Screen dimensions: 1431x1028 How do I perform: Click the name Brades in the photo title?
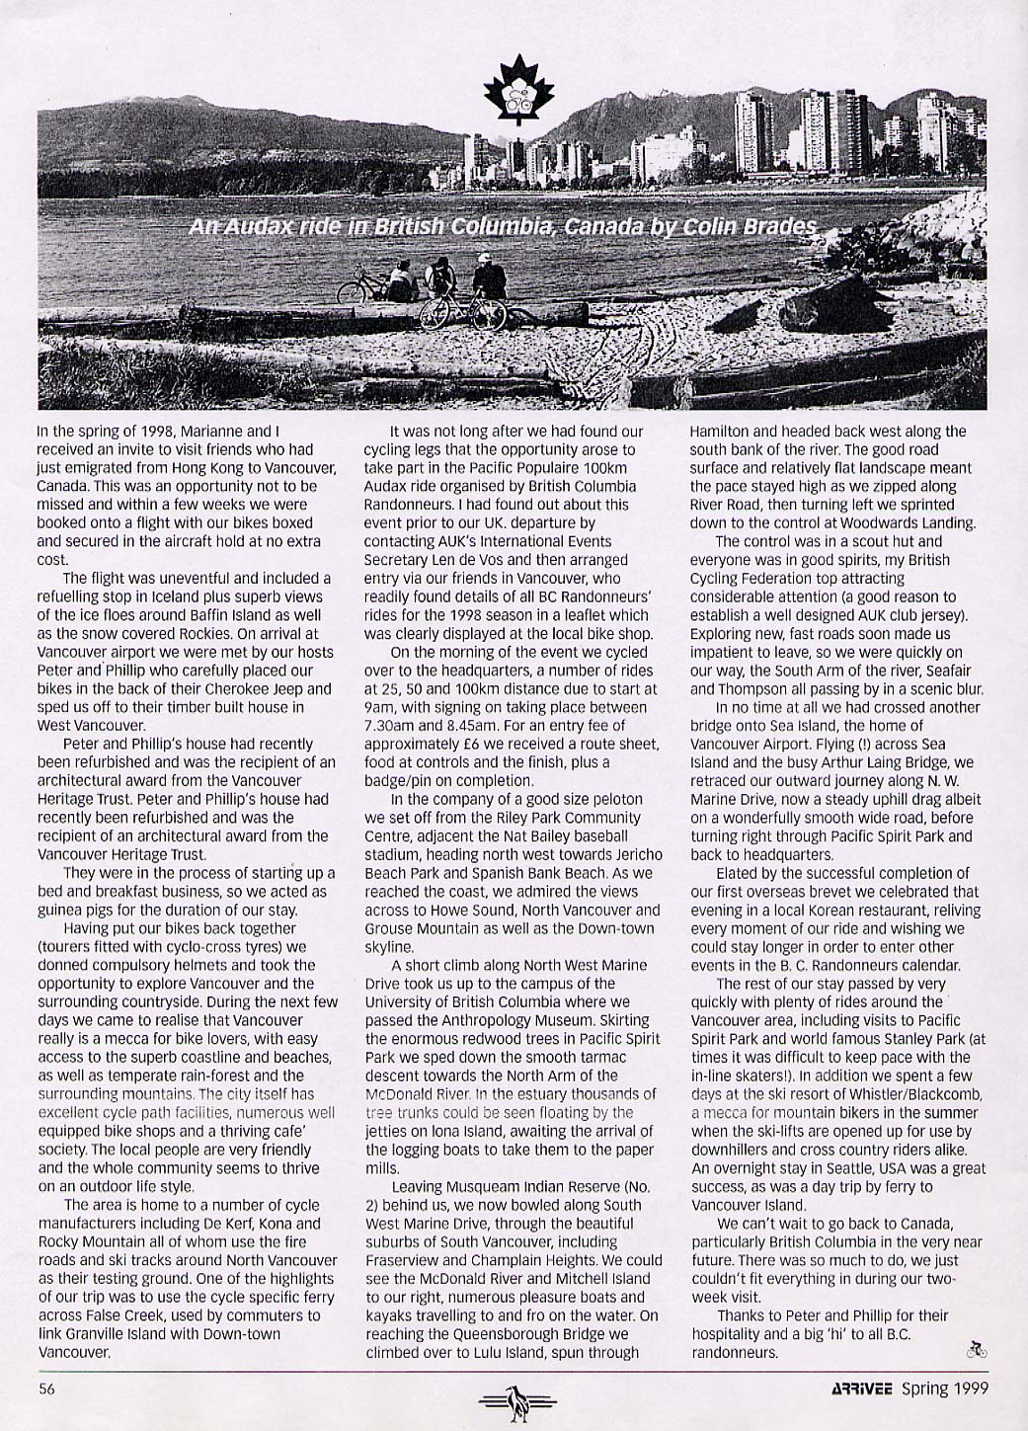[x=785, y=227]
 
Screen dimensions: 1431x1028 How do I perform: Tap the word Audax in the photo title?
[x=252, y=227]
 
